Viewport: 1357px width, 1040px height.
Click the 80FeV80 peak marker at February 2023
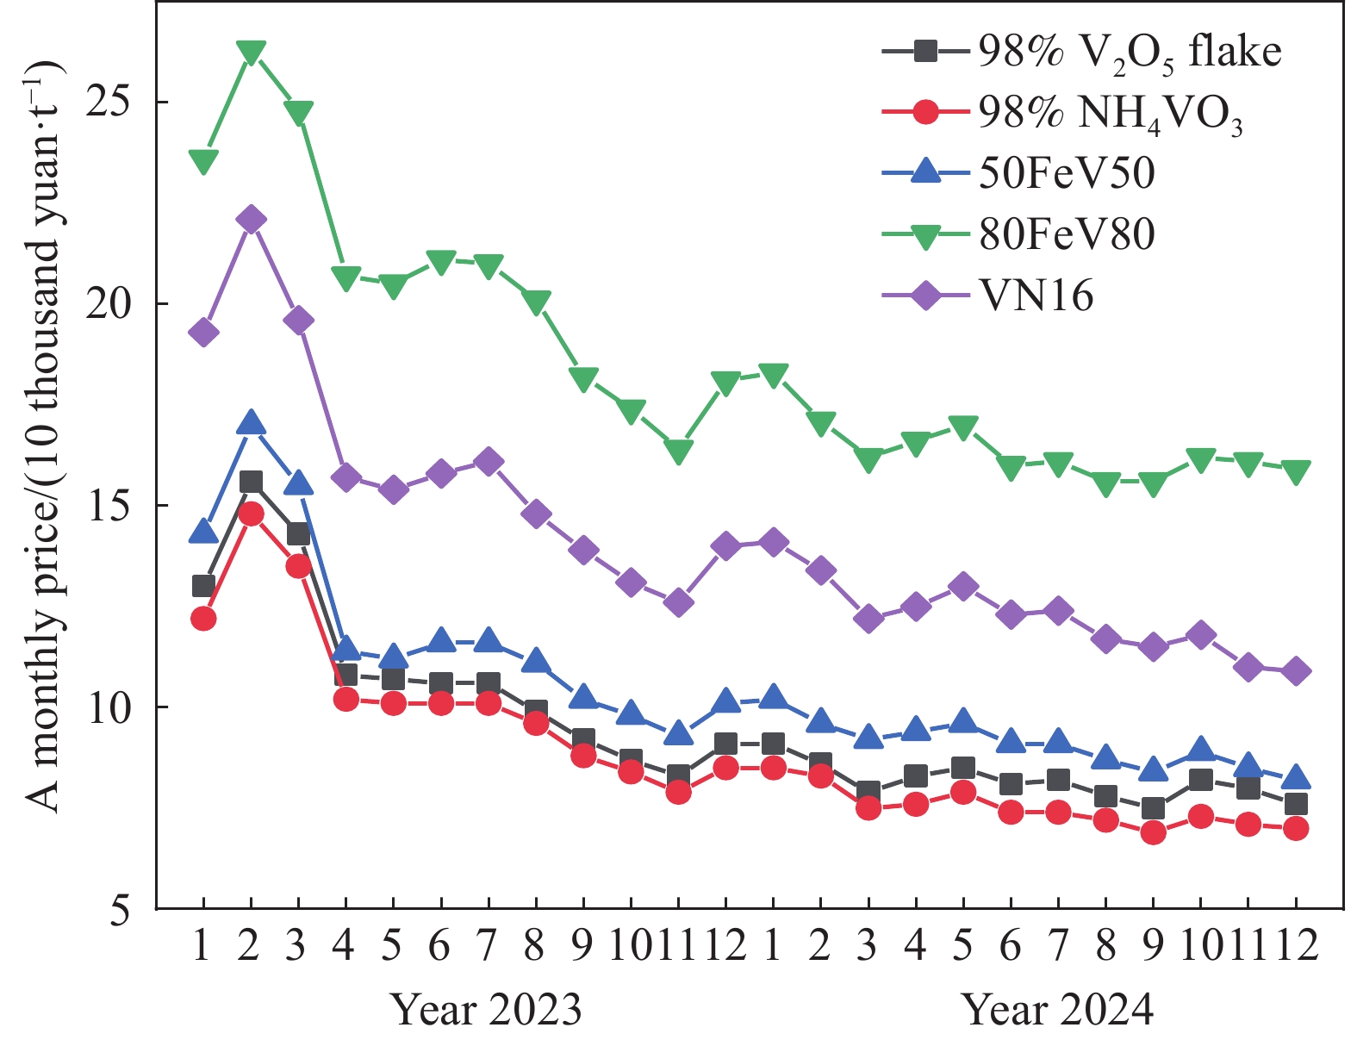pos(251,52)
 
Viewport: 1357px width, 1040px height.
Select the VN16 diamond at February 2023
pos(251,220)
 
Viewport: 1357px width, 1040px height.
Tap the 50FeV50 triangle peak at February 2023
pos(251,423)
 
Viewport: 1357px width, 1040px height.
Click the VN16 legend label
pos(1036,296)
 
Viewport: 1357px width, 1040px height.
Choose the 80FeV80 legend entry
pos(1067,234)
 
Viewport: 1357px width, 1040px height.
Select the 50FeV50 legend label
pos(1067,173)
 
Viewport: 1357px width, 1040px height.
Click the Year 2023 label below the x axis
pos(487,1009)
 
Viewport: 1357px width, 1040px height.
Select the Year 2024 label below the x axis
pos(1058,1009)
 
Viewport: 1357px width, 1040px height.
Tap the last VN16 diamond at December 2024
pos(1296,671)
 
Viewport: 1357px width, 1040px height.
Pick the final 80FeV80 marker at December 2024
pos(1296,470)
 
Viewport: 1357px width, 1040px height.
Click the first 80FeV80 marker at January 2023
pos(203,160)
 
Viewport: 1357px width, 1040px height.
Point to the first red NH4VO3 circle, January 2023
pos(203,618)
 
